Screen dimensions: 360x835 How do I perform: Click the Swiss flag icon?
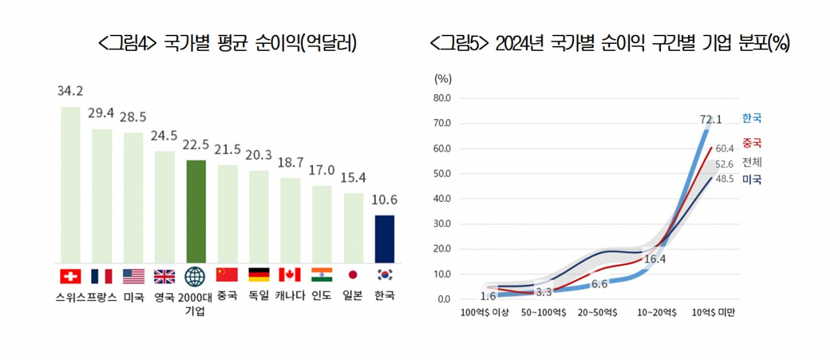coord(70,276)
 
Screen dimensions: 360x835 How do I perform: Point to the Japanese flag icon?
coord(352,276)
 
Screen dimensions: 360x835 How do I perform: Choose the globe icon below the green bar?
coord(196,276)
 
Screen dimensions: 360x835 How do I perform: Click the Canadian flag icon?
coord(290,276)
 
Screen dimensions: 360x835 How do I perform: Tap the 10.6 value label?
coord(384,201)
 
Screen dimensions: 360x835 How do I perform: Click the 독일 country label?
coord(258,295)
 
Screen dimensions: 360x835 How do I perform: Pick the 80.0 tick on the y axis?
coord(442,98)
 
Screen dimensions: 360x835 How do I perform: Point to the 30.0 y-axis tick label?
coord(442,224)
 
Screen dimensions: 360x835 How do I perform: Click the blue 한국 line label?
coord(752,118)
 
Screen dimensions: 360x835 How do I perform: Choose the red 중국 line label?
coord(752,143)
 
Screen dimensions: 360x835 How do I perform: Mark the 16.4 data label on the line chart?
coord(655,259)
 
